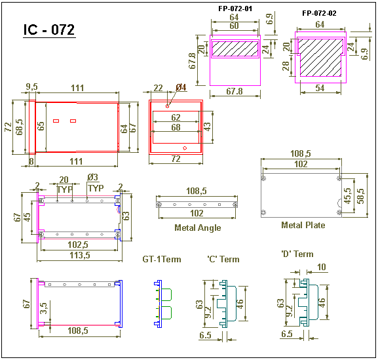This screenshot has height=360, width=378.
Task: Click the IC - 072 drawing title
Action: pyautogui.click(x=49, y=30)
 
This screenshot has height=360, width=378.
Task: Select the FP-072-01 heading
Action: pyautogui.click(x=235, y=9)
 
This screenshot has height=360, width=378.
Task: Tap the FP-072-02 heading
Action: pyautogui.click(x=319, y=13)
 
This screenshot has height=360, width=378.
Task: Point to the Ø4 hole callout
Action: pyautogui.click(x=181, y=87)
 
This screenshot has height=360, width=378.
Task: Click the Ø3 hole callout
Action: pyautogui.click(x=93, y=178)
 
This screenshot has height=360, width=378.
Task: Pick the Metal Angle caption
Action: pyautogui.click(x=198, y=228)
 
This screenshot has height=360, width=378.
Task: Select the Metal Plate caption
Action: pyautogui.click(x=303, y=225)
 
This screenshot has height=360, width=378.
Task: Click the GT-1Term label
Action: pyautogui.click(x=162, y=260)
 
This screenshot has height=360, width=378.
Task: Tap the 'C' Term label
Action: pyautogui.click(x=223, y=260)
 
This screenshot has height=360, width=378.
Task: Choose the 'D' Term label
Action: pyautogui.click(x=297, y=254)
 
